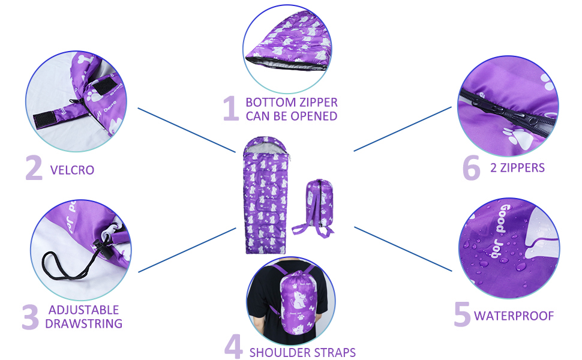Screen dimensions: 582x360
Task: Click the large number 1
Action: point(230,109)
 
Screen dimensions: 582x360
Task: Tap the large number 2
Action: point(34,168)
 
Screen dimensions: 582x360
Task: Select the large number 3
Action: point(30,317)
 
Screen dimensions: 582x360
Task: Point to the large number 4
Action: point(233,347)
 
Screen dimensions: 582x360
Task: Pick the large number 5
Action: point(461,314)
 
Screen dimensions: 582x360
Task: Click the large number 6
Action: point(472,167)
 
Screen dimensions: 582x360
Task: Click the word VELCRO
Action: point(72,170)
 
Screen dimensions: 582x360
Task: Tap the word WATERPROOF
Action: point(514,316)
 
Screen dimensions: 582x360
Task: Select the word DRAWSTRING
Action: point(83,324)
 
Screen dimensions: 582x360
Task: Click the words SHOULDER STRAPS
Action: point(302,352)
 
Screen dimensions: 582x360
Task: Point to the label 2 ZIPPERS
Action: point(517,168)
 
